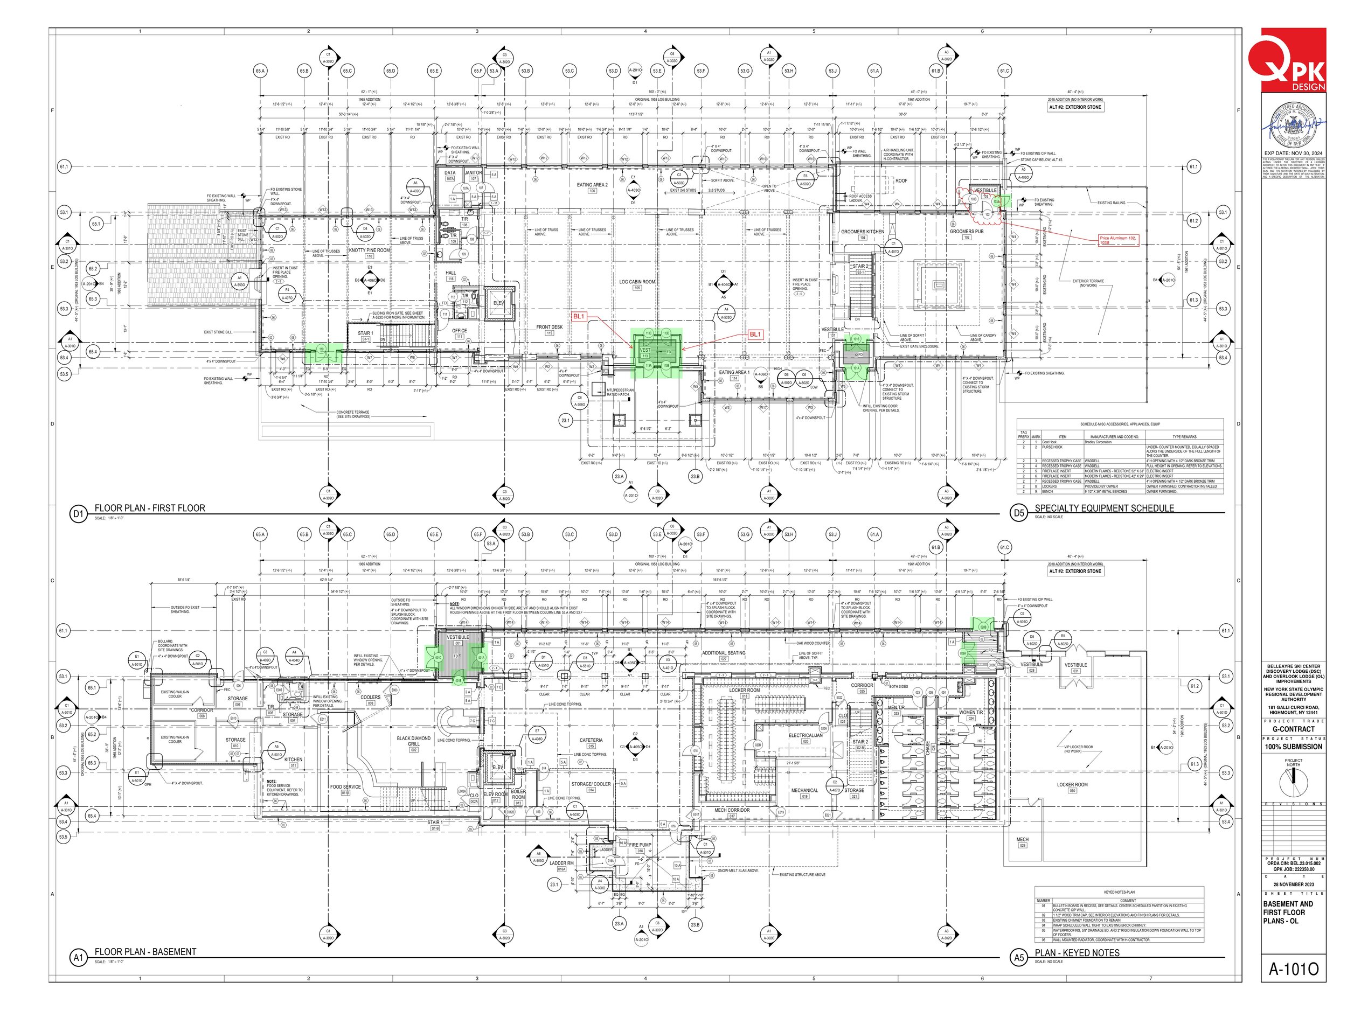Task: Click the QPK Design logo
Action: coord(1293,60)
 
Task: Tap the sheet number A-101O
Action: coord(1293,969)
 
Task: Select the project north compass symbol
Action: coord(1293,782)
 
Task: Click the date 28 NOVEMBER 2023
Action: coord(1293,884)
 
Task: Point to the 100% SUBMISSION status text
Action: coord(1293,747)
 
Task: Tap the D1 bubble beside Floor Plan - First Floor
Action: coord(78,514)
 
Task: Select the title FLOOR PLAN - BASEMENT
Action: coord(145,952)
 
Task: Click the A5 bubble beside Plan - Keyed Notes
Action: coord(1019,958)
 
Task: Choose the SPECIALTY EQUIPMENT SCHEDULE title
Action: coord(1104,508)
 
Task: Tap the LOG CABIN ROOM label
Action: coord(637,282)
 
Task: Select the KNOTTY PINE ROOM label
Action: coord(369,250)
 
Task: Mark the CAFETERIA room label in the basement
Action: coord(591,740)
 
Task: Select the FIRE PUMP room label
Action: coord(640,845)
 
